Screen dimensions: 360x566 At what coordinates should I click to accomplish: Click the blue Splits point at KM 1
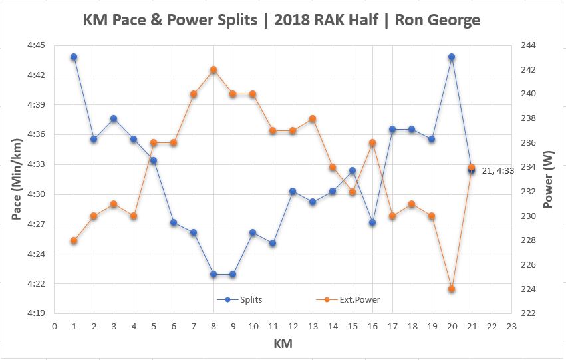point(74,57)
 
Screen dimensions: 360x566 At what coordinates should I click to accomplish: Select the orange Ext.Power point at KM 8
point(213,69)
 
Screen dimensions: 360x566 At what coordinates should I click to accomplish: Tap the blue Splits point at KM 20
point(452,57)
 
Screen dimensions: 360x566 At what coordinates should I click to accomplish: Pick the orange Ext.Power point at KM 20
point(452,289)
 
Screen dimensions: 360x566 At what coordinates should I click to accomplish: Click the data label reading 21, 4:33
point(497,171)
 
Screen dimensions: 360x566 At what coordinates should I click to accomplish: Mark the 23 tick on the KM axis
point(511,327)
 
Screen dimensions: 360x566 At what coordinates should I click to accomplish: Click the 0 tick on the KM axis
point(54,327)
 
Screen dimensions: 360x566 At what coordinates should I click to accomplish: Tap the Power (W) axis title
point(549,178)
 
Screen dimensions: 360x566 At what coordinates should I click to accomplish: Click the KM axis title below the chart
point(282,344)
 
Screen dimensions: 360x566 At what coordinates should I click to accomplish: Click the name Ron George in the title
point(437,20)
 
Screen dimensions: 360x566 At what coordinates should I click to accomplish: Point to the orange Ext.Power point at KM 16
point(372,142)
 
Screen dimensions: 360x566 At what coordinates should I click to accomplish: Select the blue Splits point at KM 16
point(372,222)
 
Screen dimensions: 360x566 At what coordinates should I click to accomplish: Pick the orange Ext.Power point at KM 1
point(74,240)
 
